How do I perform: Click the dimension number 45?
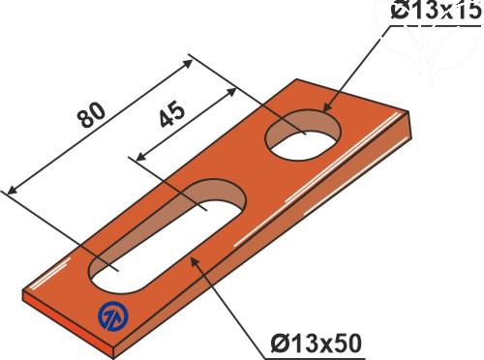pos(172,115)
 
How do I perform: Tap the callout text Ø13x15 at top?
pos(436,11)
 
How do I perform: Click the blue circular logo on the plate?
pos(113,315)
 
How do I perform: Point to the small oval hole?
pos(303,135)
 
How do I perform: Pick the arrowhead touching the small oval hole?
pos(327,106)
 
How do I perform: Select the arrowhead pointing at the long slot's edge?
pos(195,262)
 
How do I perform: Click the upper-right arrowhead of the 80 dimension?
pos(187,64)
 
